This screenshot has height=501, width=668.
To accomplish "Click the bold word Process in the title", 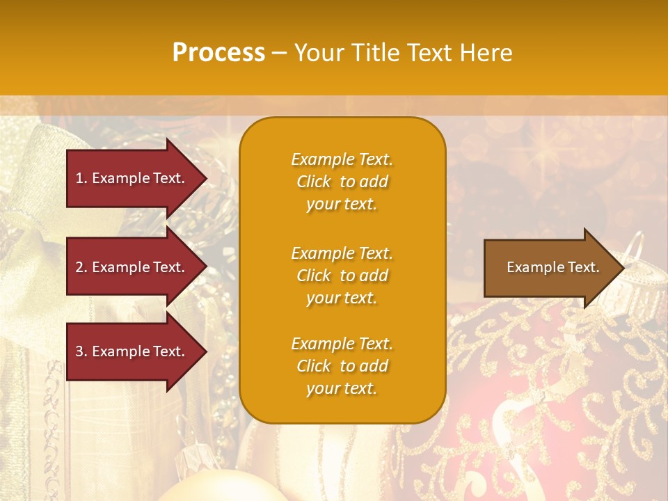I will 218,53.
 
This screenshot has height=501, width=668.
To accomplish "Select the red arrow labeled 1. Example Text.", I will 132,178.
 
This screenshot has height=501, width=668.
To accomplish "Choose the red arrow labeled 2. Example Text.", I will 132,267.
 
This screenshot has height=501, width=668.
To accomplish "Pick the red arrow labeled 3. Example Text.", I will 132,351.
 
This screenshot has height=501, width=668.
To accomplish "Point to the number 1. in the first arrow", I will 81,178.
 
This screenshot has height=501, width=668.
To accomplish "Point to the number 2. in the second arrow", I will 81,267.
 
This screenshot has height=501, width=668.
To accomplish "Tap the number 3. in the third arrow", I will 81,351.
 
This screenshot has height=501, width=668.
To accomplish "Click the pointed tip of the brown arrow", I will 622,268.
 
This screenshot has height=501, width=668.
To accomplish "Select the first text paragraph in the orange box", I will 342,182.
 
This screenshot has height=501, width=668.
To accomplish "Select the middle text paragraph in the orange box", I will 342,276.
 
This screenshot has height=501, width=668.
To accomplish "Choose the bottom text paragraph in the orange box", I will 342,366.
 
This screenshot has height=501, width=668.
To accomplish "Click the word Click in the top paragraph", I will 314,182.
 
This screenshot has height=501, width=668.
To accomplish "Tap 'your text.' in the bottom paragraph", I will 342,389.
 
